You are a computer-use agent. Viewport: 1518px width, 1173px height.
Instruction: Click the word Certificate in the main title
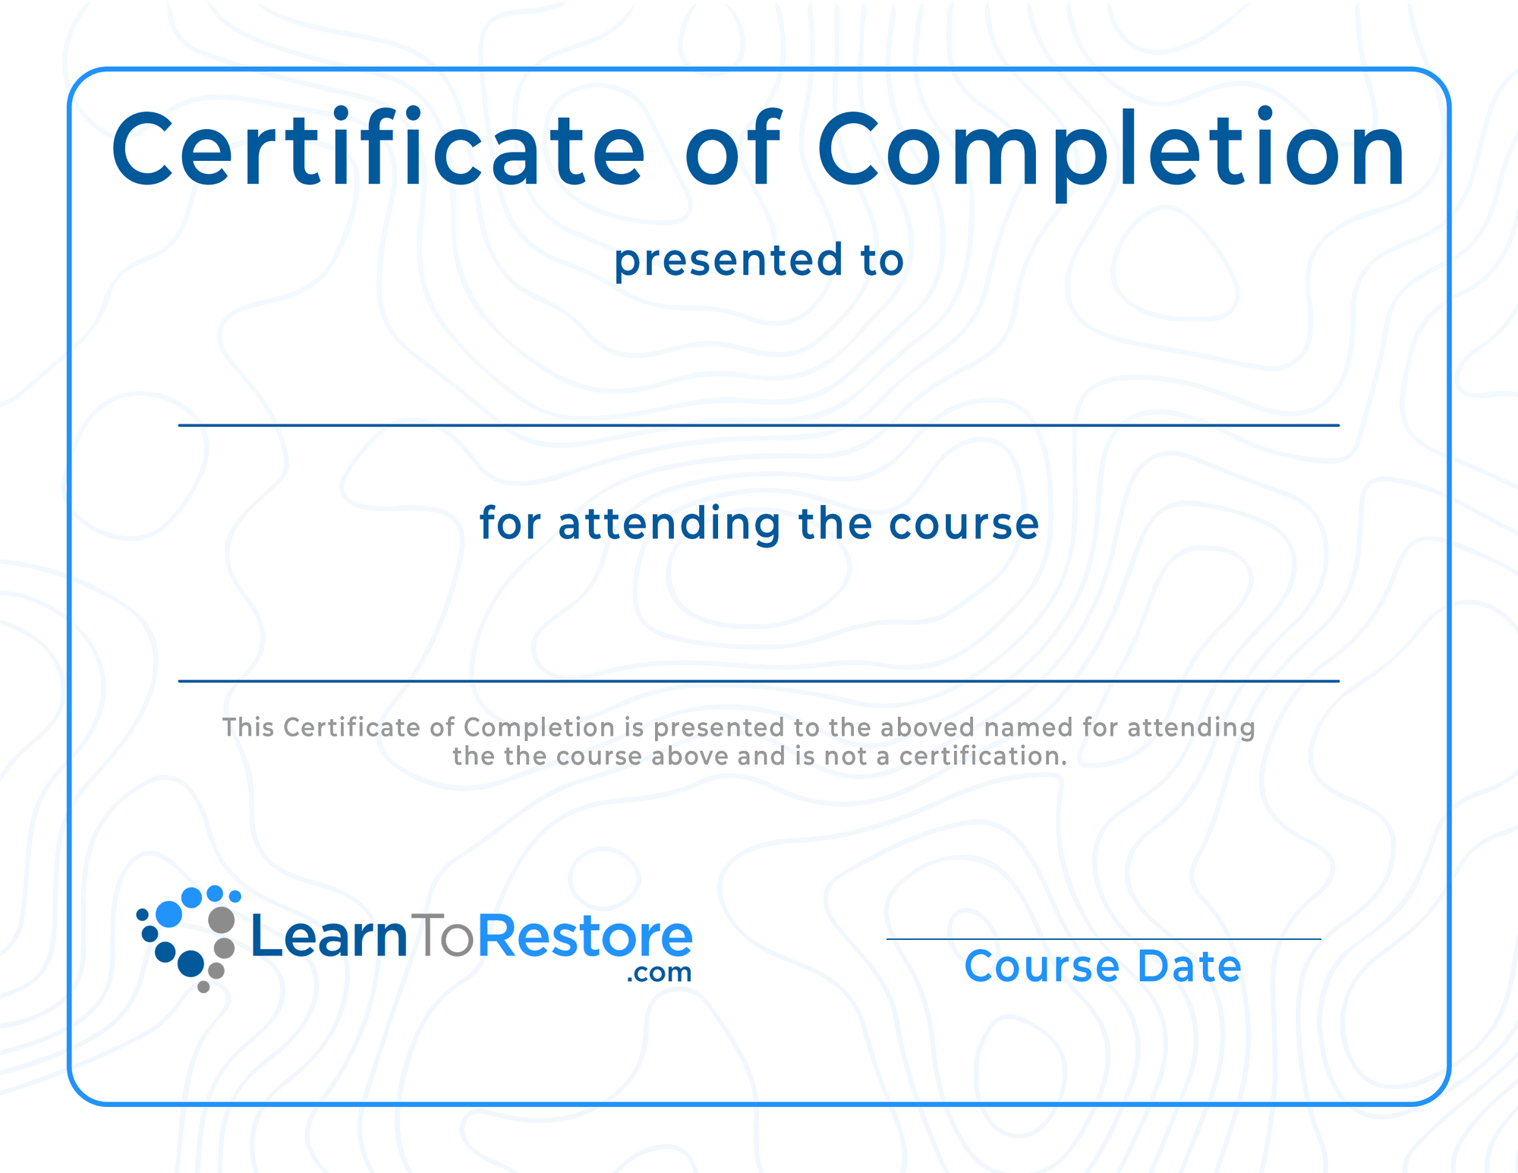pos(378,147)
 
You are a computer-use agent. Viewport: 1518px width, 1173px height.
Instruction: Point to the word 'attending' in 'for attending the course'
pos(669,525)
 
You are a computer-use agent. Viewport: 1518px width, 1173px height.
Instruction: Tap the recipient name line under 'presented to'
pos(759,425)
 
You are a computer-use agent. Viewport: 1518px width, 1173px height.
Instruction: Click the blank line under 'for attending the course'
pos(759,681)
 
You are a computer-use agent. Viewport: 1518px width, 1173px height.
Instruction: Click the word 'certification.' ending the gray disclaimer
pos(983,756)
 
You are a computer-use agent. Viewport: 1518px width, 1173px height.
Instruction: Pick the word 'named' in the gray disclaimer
pos(1028,727)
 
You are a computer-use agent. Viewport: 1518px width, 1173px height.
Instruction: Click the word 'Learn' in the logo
pos(329,935)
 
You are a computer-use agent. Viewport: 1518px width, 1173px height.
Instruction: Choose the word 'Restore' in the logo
pos(585,935)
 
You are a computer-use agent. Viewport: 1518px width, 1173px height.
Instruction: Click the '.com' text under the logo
pos(659,973)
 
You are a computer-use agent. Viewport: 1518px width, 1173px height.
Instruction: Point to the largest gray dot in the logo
pos(222,919)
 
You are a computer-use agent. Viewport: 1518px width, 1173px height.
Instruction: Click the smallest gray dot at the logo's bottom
pos(203,987)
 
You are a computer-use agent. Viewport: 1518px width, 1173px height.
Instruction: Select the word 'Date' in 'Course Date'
pos(1189,966)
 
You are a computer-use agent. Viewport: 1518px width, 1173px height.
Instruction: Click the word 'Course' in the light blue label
pos(1042,966)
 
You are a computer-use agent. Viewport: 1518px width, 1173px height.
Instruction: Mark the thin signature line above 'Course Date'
pos(1104,939)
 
